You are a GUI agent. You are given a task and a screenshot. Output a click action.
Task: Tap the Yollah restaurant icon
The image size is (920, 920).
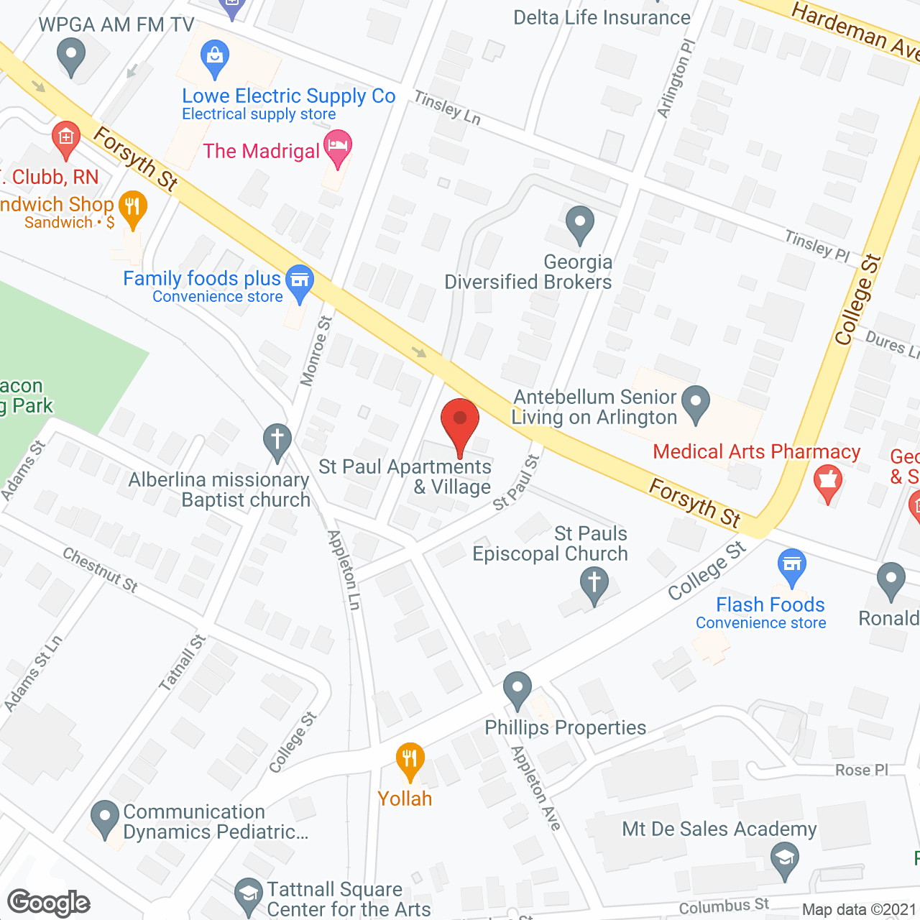[x=410, y=760]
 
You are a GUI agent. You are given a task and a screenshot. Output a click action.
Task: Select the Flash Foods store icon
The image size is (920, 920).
[x=791, y=566]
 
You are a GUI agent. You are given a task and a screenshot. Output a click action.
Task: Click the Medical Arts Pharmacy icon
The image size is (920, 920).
[x=828, y=482]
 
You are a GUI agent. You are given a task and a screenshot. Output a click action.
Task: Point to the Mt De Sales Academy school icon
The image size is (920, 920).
[x=784, y=859]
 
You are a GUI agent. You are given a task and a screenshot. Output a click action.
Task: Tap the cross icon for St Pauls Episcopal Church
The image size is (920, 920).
[x=594, y=584]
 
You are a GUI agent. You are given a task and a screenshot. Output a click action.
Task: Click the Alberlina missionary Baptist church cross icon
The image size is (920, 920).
[x=277, y=441]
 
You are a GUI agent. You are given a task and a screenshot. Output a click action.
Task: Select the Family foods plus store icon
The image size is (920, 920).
[x=300, y=281]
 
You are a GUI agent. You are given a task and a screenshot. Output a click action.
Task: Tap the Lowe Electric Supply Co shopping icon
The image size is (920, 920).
[x=214, y=57]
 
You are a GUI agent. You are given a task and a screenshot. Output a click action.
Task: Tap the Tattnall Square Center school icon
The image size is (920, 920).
[x=249, y=896]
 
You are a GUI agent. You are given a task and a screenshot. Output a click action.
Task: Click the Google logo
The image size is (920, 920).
[x=49, y=903]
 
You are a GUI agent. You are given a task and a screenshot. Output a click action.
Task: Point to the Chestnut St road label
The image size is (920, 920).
[x=100, y=570]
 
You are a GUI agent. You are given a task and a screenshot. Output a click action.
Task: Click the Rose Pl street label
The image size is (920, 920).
[x=861, y=770]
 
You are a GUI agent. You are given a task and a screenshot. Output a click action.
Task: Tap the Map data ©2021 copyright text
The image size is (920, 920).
[x=859, y=910]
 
